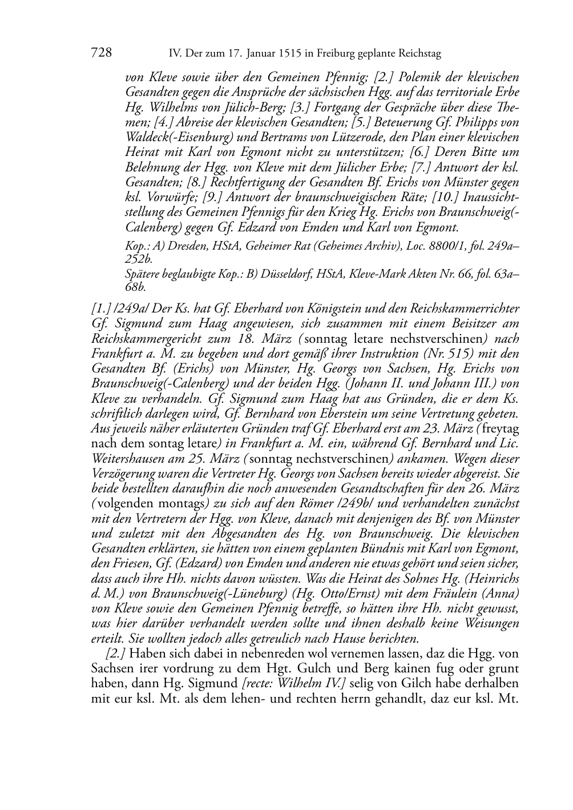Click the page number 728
(x=101, y=53)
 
